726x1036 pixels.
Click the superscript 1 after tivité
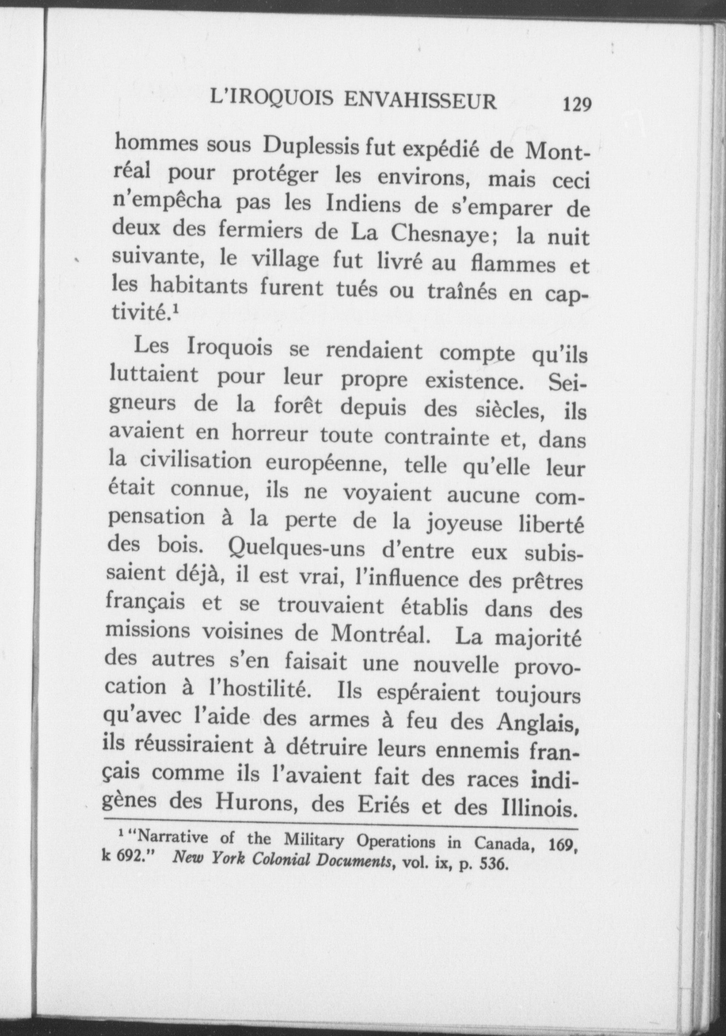pyautogui.click(x=175, y=310)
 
